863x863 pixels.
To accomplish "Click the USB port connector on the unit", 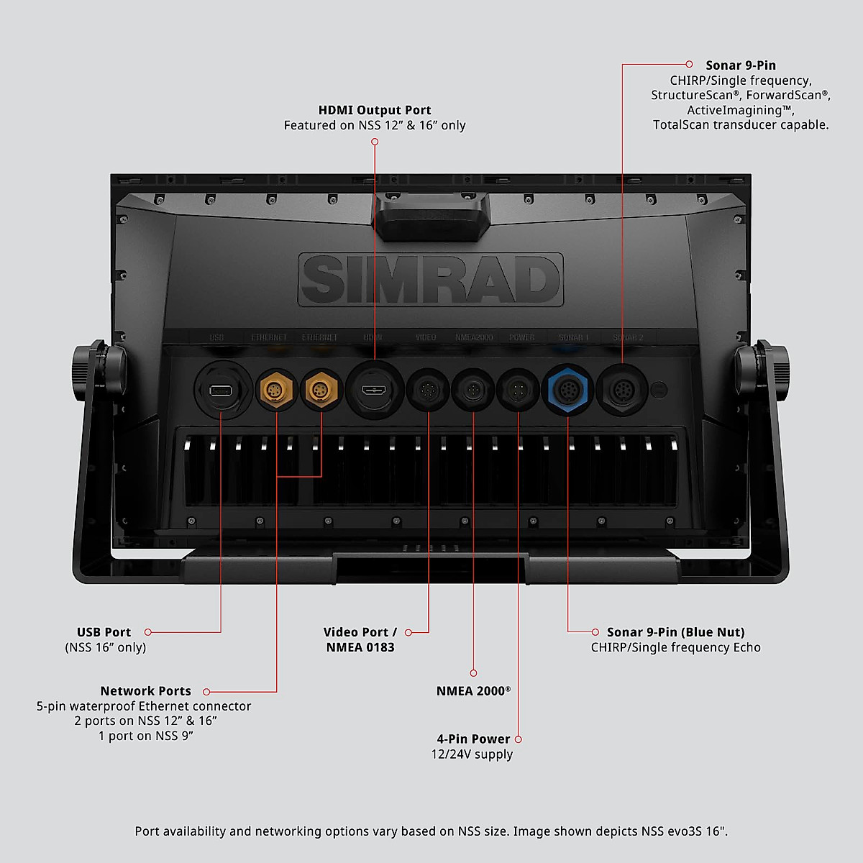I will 221,391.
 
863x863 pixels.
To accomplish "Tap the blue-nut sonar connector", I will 567,391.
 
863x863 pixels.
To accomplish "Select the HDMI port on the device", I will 374,391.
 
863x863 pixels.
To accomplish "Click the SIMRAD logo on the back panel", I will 430,280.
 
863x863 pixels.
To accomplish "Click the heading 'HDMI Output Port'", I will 375,110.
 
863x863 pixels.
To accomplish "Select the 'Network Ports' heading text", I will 145,691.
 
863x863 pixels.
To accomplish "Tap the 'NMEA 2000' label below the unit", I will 472,691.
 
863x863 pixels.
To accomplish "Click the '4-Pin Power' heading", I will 473,739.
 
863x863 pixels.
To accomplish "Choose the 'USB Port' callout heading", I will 104,632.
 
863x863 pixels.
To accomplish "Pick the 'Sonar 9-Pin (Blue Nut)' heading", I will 675,632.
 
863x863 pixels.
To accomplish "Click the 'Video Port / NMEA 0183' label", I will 360,639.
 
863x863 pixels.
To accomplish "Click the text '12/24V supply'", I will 472,754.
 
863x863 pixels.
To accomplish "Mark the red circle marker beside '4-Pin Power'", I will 519,739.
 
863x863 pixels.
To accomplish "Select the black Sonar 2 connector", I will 622,391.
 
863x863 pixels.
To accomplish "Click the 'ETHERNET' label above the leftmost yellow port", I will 268,337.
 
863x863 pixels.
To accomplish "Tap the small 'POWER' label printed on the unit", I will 521,337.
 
